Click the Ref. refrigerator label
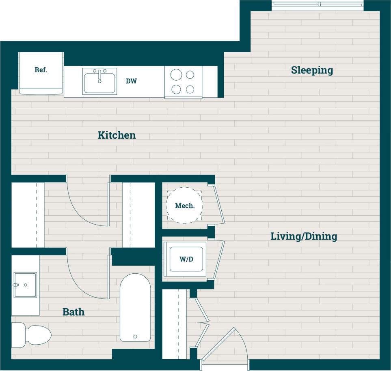(41, 70)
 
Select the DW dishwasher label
(131, 81)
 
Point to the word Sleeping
(312, 70)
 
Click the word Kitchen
(117, 135)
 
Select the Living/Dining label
(304, 236)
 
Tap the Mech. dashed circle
(184, 206)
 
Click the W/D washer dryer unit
(186, 259)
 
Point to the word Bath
(73, 312)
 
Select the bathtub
(135, 307)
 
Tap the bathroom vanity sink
(25, 285)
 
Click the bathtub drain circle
(135, 337)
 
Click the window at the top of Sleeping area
(318, 5)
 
